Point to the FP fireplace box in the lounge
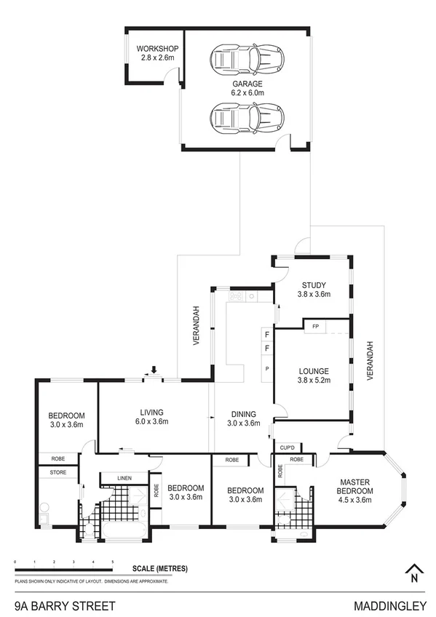click(x=314, y=327)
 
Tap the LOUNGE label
click(x=314, y=375)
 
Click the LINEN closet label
click(x=124, y=478)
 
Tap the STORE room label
click(x=58, y=472)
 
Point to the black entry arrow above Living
click(x=154, y=371)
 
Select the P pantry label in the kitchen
click(x=267, y=369)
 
